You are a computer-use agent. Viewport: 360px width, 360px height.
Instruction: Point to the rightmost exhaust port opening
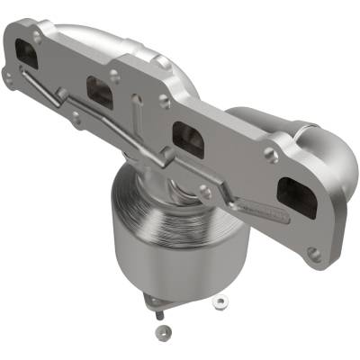click(x=296, y=198)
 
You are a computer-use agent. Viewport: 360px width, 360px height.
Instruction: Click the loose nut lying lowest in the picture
click(x=159, y=332)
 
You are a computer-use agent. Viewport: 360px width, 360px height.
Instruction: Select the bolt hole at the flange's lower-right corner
click(x=314, y=255)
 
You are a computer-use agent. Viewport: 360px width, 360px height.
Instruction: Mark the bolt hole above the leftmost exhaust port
click(x=37, y=35)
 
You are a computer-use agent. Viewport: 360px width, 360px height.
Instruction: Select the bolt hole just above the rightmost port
click(x=270, y=156)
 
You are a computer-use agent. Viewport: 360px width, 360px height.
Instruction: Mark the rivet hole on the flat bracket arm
click(x=206, y=190)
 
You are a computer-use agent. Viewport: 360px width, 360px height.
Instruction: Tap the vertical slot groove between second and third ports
click(x=135, y=117)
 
